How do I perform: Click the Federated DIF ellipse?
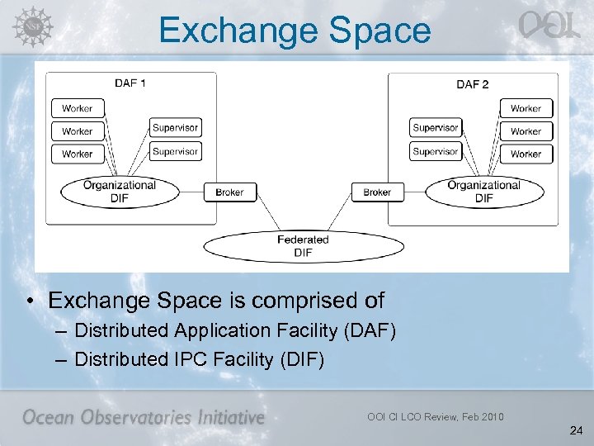303,245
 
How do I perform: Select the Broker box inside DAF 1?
229,192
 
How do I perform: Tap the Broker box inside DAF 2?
377,192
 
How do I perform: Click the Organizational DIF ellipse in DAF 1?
120,192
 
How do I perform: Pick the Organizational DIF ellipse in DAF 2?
484,192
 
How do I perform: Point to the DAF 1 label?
130,83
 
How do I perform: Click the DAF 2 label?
473,83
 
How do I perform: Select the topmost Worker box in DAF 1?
78,108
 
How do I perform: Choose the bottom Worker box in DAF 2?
526,154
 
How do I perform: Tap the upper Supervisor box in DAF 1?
175,127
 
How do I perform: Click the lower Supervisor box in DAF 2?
436,151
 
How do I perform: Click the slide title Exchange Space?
295,31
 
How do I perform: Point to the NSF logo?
31,26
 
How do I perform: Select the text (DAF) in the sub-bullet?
367,331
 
